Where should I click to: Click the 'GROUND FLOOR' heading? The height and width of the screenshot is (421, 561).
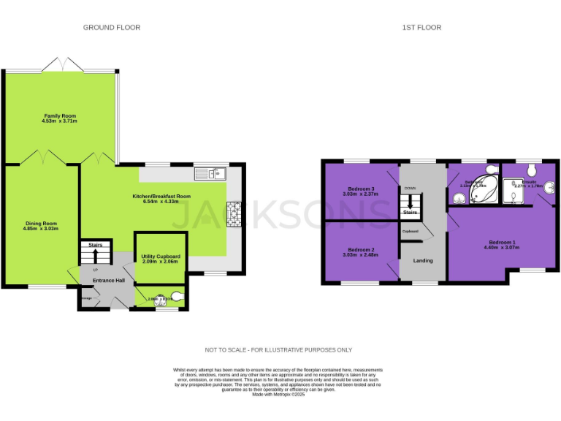click(111, 27)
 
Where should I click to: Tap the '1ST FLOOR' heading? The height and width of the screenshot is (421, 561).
click(421, 27)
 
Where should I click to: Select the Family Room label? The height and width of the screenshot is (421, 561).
click(60, 116)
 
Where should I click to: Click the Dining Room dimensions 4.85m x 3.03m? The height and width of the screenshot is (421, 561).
click(40, 229)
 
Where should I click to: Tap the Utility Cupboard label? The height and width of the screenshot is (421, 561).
click(161, 257)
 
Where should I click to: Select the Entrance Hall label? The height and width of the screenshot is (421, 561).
click(109, 281)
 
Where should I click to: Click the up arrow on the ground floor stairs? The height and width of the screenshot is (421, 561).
click(95, 256)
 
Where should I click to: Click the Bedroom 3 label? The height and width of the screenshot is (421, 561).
click(361, 189)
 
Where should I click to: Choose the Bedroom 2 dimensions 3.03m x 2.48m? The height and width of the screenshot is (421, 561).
click(361, 255)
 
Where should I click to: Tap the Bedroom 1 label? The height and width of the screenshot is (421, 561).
click(502, 242)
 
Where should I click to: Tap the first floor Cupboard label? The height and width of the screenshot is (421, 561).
click(410, 232)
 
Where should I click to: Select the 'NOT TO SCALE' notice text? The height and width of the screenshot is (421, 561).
click(280, 349)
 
